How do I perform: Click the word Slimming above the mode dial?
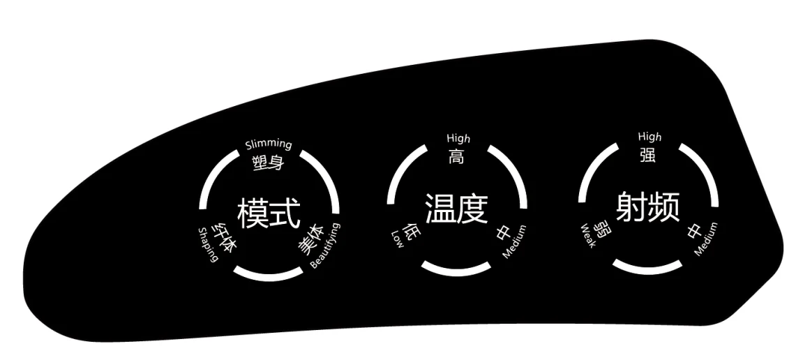click(269, 145)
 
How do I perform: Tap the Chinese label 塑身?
click(269, 163)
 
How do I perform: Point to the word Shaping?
click(209, 245)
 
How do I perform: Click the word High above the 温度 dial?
click(458, 139)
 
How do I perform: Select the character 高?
click(458, 156)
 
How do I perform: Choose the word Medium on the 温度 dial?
click(515, 242)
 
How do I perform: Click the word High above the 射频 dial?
click(649, 137)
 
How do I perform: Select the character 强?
click(648, 155)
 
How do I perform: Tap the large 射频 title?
click(647, 207)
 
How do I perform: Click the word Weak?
click(588, 237)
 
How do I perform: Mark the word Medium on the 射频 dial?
click(706, 239)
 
